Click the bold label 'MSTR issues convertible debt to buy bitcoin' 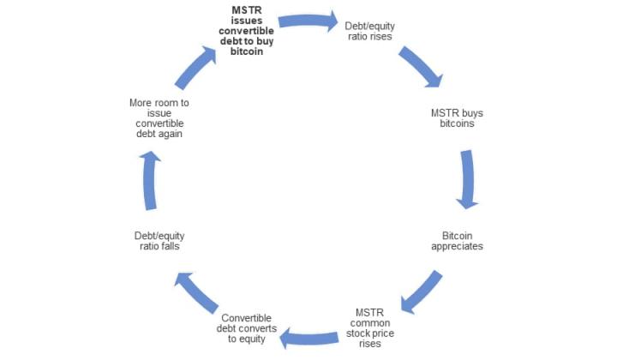tap(246, 31)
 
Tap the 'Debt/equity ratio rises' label tap(369, 31)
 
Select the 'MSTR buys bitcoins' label tap(457, 118)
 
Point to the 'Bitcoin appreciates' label tap(457, 241)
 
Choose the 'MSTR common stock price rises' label tap(369, 327)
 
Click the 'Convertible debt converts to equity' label tap(246, 328)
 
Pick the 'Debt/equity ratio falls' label tap(159, 241)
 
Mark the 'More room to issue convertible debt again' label tap(159, 118)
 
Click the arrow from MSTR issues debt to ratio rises tap(308, 21)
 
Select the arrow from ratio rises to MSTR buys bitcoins tap(421, 66)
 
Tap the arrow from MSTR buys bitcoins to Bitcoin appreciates tap(468, 179)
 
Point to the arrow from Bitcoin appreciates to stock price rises tap(422, 292)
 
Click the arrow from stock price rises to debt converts tap(308, 338)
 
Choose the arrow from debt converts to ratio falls tap(195, 292)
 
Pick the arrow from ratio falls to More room tap(149, 180)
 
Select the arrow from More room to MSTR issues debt tap(195, 67)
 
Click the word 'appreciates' tap(457, 247)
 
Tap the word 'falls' tap(171, 246)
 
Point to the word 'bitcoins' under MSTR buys tap(457, 123)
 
